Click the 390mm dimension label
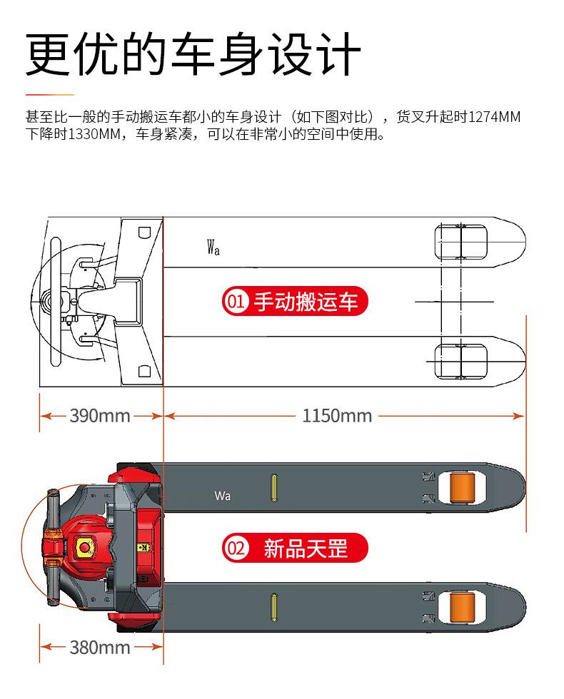tap(100, 415)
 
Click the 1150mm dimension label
tap(337, 415)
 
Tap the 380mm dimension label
tap(100, 647)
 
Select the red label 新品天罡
tap(306, 549)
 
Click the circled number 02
tap(236, 549)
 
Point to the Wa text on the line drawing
tap(213, 248)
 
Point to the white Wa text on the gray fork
tap(222, 496)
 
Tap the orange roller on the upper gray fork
tap(462, 488)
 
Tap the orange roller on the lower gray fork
tap(462, 607)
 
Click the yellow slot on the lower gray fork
tap(273, 607)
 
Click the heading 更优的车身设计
tap(193, 53)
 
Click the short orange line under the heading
tap(49, 93)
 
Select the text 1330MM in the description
tap(89, 134)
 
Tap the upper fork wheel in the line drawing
tap(461, 243)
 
